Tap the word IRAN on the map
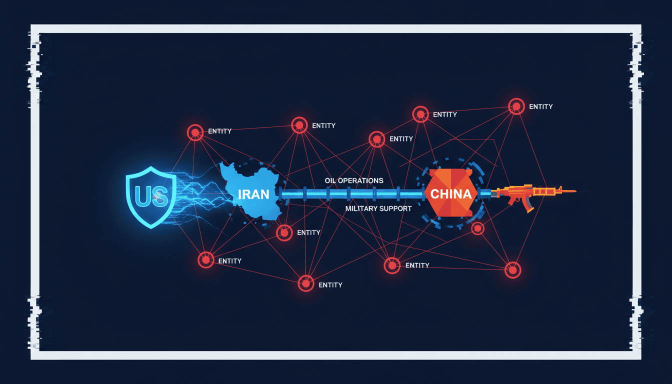(253, 194)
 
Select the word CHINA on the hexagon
(451, 194)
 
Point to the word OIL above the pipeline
(330, 180)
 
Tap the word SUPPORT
(395, 208)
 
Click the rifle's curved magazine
(528, 205)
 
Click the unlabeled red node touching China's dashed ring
(477, 228)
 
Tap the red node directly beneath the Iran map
(284, 232)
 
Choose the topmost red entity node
(516, 106)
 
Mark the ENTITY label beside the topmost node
(541, 106)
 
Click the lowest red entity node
(305, 283)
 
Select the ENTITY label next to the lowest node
(330, 285)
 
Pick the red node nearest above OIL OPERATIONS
(377, 139)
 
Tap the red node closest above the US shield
(195, 132)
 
